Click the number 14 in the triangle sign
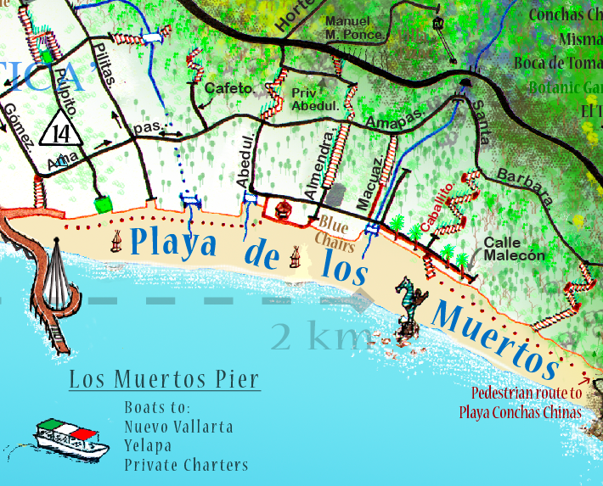[x=60, y=133]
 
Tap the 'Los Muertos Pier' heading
[x=164, y=379]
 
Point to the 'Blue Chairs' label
[x=335, y=231]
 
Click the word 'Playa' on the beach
[x=174, y=245]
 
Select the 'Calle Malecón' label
[x=513, y=249]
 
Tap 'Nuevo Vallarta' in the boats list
[x=178, y=426]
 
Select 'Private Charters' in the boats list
[x=186, y=465]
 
